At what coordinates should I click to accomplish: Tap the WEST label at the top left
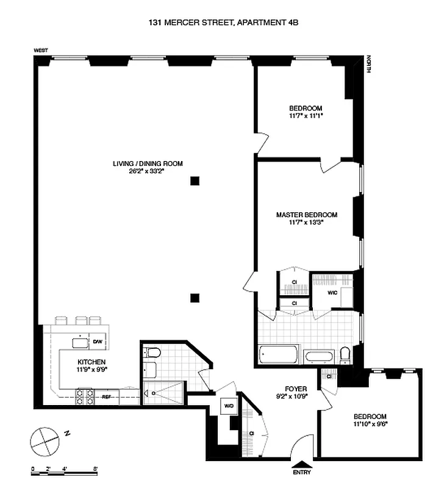41,51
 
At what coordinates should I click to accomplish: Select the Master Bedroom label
306,215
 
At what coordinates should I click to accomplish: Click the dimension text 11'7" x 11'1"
306,115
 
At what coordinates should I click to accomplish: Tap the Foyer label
296,389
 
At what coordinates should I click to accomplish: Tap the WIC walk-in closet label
332,292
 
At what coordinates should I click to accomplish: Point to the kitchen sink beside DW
79,342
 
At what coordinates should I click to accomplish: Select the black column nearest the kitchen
195,298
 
